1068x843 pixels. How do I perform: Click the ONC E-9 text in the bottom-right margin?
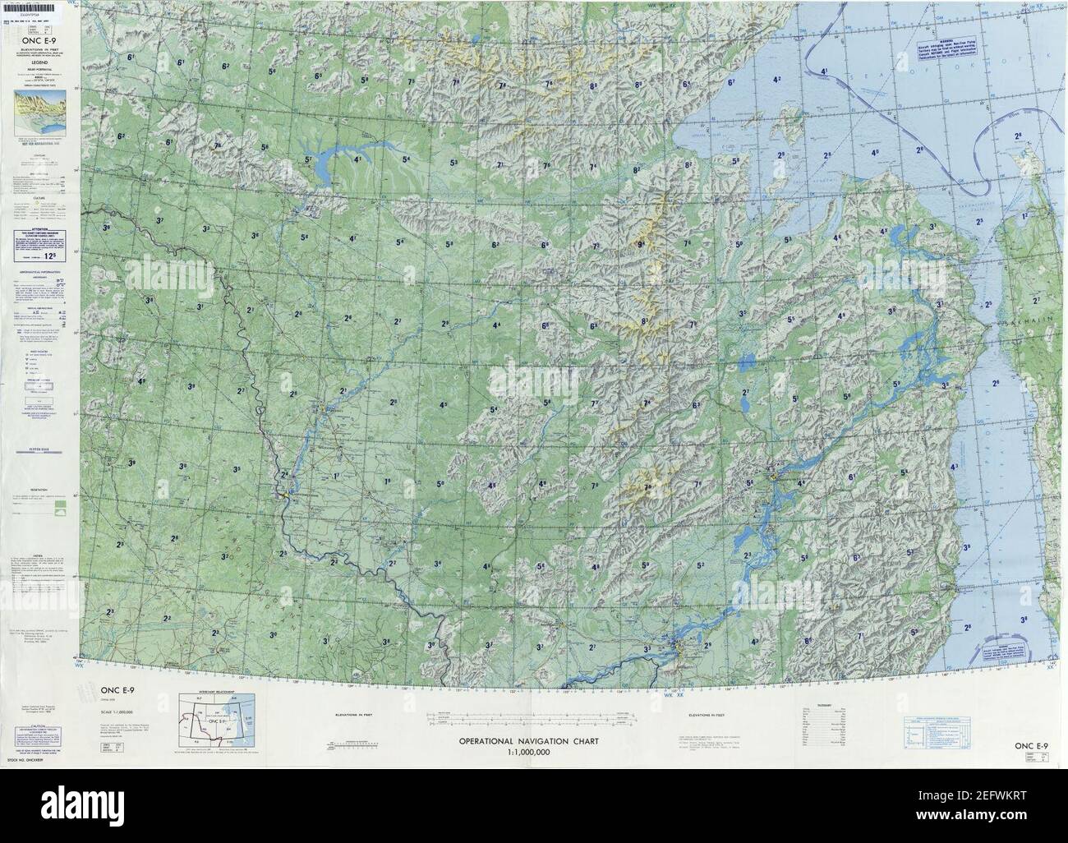pos(1030,745)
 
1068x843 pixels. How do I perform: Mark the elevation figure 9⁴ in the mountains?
pos(641,244)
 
